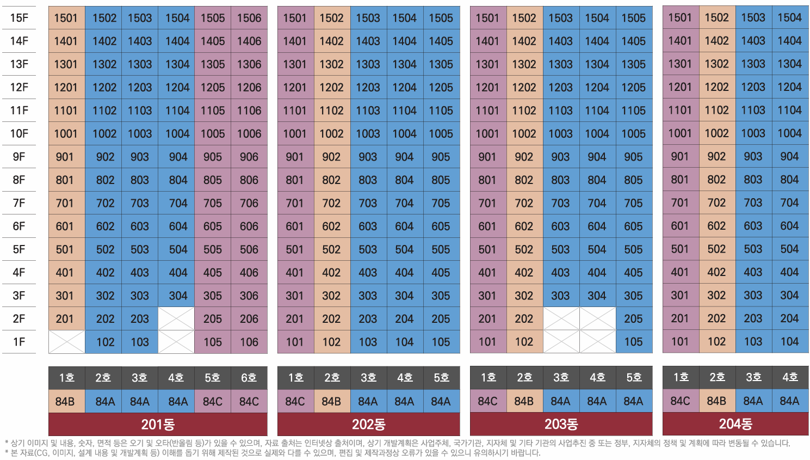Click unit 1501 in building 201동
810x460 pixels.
click(66, 18)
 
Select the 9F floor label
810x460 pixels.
click(19, 157)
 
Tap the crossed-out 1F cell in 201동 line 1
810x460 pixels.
click(66, 342)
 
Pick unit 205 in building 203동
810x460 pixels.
click(633, 319)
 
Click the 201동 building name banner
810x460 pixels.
click(158, 425)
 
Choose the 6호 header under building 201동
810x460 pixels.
click(249, 378)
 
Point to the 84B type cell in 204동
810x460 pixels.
click(716, 401)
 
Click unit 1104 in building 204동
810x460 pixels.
click(789, 111)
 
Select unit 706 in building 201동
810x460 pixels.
click(249, 203)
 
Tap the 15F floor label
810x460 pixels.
click(19, 18)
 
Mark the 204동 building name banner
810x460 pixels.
click(735, 424)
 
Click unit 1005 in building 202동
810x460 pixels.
click(441, 134)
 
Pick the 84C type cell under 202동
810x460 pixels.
click(295, 402)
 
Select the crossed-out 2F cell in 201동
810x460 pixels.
click(176, 319)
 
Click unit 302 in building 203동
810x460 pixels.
click(524, 296)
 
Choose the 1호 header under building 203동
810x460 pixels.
click(488, 378)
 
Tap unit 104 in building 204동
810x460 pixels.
click(789, 342)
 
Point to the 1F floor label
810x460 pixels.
click(19, 342)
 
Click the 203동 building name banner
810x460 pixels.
click(561, 425)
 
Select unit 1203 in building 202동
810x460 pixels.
click(368, 88)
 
